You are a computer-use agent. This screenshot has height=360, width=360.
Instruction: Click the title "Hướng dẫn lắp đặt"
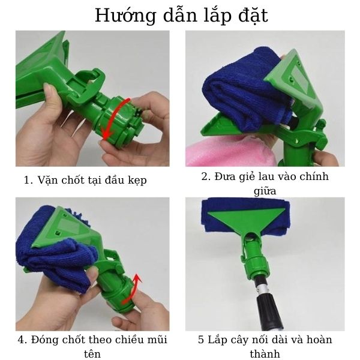pos(180,16)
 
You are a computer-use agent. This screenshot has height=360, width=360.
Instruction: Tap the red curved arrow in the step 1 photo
pos(113,118)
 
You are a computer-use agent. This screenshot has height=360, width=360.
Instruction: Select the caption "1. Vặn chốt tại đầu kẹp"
pos(85,179)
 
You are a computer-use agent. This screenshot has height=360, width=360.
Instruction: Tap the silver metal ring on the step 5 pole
pos(264,292)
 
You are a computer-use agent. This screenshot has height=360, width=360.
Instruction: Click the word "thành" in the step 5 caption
pos(265,354)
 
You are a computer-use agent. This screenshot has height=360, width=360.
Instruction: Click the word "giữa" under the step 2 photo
pos(265,191)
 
